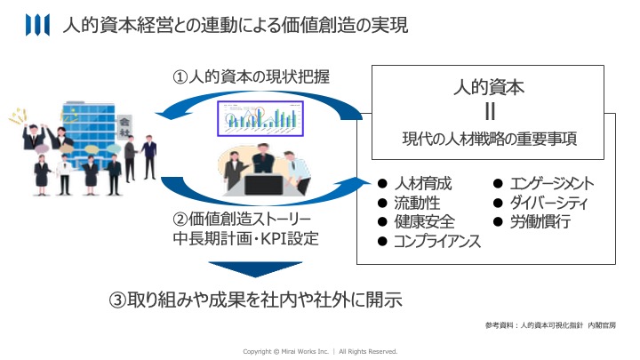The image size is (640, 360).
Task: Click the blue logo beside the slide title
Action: coord(38,27)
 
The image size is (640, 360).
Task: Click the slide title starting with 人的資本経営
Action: coord(236,27)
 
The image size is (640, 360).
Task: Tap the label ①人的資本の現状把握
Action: coord(251,78)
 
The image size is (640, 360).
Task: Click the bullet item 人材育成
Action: coord(424,185)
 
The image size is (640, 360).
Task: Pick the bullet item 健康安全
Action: coord(424,222)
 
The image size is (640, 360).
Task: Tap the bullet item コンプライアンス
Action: coord(438,241)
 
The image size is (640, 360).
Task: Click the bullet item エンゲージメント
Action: coord(551,185)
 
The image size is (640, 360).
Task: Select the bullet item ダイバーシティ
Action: coord(548,204)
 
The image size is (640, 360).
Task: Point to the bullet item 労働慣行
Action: coord(539,222)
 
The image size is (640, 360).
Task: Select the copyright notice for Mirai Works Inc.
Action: coord(320,351)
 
